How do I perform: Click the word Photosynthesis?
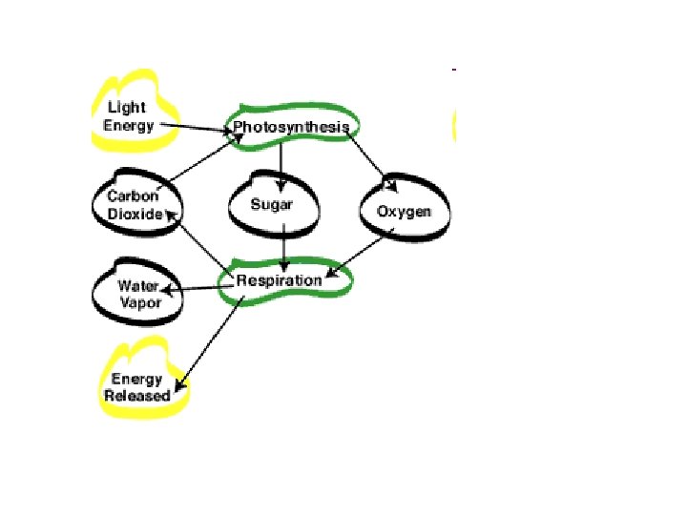pos(292,127)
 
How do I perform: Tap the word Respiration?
pos(280,280)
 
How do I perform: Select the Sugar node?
pos(271,205)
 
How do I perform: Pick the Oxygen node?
pos(404,211)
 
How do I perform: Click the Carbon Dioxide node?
pos(134,205)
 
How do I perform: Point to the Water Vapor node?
pos(138,294)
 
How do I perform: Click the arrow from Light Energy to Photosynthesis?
pos(196,126)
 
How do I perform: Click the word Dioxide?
pos(135,214)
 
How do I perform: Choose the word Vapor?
pos(138,301)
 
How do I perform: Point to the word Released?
pos(137,395)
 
